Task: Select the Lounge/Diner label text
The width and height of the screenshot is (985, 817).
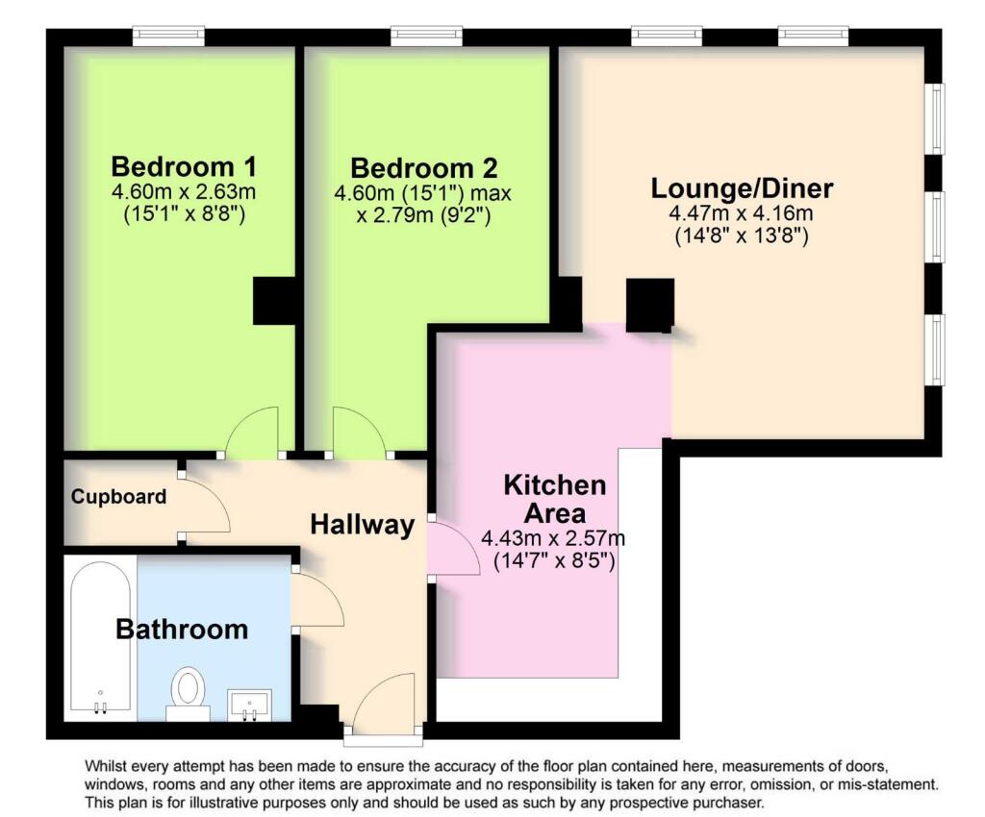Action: [x=742, y=186]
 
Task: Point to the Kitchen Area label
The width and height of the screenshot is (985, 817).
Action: [x=555, y=498]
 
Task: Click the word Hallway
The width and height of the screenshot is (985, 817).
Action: [x=362, y=525]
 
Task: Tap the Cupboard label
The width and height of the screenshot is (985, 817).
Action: [x=118, y=497]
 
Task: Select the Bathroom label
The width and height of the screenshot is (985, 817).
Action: [x=182, y=630]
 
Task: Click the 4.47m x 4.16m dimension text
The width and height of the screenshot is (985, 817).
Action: [x=742, y=212]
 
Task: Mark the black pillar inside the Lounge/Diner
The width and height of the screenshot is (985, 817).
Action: [x=650, y=305]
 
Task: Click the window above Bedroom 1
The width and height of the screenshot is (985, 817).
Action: [x=168, y=37]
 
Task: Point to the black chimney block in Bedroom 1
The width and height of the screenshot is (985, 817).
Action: [x=273, y=301]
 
